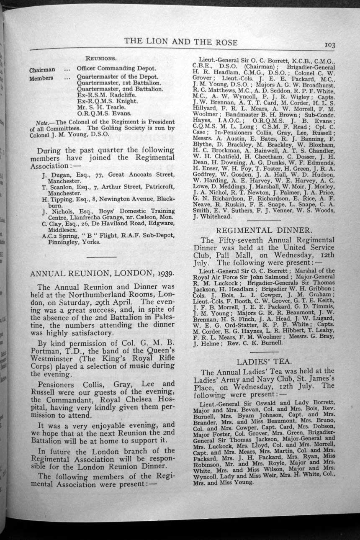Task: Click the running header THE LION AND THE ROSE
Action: click(181, 42)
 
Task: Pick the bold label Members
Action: click(41, 78)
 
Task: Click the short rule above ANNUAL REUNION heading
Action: click(101, 256)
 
